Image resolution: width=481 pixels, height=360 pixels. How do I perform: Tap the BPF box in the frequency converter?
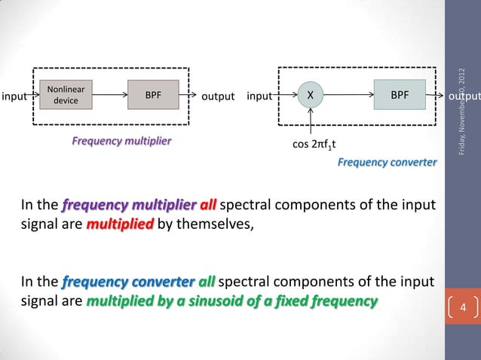tap(400, 95)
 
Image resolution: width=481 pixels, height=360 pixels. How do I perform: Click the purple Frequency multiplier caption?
tap(121, 141)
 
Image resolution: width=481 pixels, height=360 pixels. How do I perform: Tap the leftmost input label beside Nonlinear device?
tap(14, 96)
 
